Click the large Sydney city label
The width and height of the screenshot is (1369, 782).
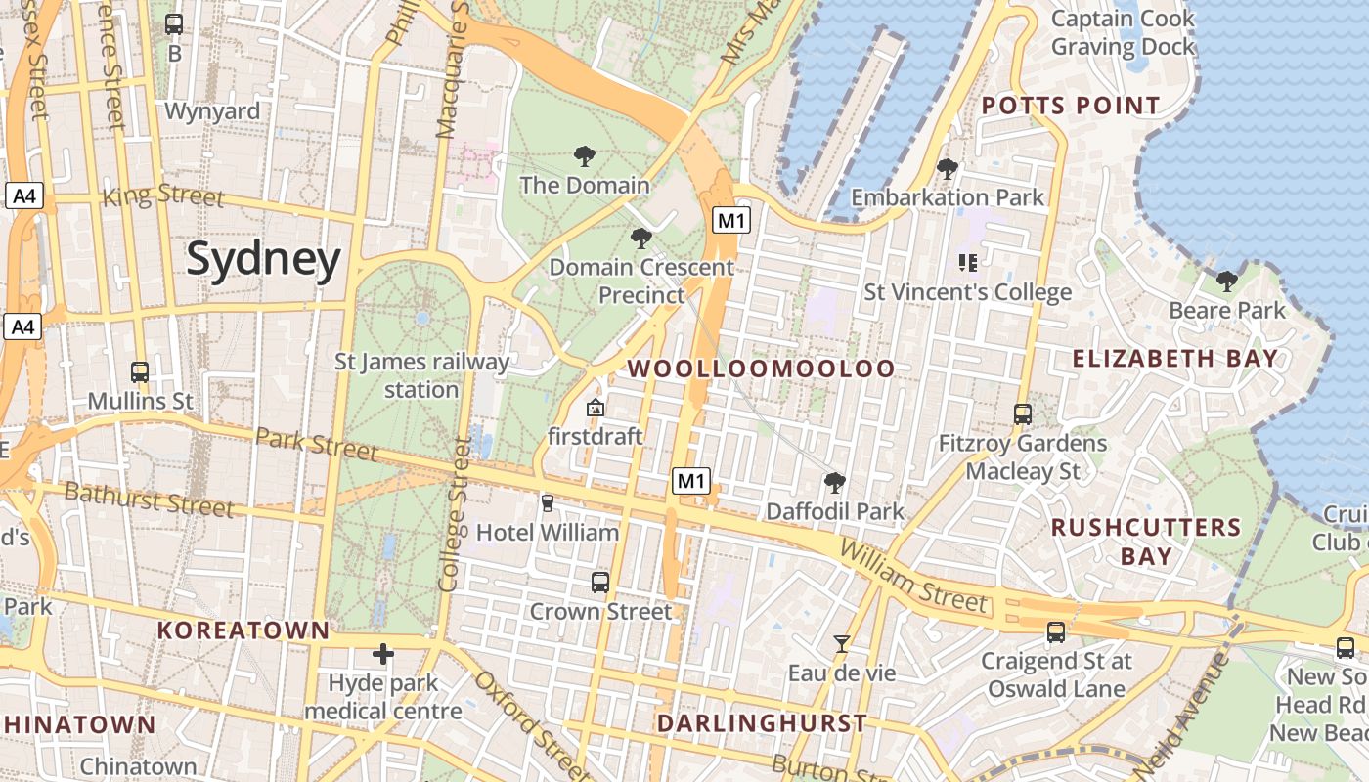pos(263,259)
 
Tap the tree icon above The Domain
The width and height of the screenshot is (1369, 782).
pos(585,155)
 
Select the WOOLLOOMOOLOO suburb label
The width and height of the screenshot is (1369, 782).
pos(761,369)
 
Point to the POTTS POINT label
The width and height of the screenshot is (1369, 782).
pos(1071,106)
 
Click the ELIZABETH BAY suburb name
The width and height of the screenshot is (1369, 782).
pos(1175,358)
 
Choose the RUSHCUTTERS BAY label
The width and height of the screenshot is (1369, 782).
pos(1146,542)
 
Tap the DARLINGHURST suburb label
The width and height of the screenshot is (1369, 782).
pos(762,723)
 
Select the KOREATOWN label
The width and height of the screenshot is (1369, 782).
pos(243,630)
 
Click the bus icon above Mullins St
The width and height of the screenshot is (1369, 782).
pos(140,372)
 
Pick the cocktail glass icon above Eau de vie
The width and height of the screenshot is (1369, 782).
pos(841,643)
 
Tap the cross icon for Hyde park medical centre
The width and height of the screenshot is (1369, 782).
pos(383,653)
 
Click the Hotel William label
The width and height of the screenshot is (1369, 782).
pos(548,533)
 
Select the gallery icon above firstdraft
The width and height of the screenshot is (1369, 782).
pos(595,408)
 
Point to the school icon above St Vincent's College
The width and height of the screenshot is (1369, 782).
pos(968,262)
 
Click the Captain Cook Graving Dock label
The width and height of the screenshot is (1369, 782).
pos(1123,32)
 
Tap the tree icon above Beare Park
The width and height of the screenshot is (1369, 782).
pos(1226,282)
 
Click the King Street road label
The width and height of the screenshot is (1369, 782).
pos(163,195)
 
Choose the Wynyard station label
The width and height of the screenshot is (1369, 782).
pos(212,111)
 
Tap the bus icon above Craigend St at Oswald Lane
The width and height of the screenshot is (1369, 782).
pos(1056,632)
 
